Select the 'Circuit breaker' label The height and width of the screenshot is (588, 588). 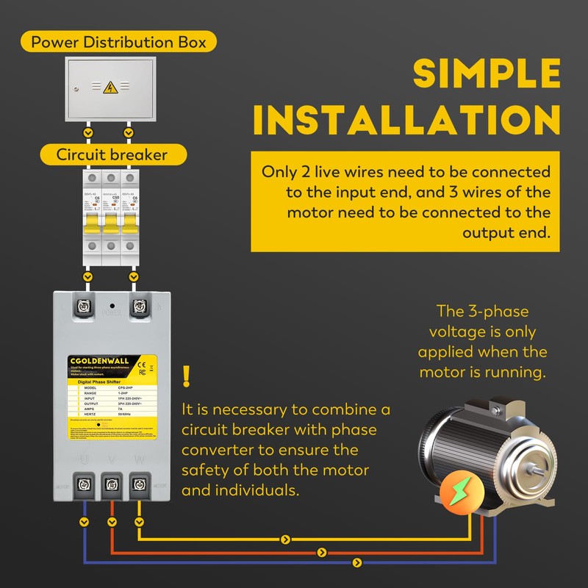tap(112, 155)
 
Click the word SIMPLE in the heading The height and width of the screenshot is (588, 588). tap(487, 73)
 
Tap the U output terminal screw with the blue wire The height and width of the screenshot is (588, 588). tap(83, 483)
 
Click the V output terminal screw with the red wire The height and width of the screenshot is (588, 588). tap(111, 483)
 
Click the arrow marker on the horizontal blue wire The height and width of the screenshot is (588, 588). tap(357, 563)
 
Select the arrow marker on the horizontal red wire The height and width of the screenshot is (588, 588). tap(320, 551)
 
